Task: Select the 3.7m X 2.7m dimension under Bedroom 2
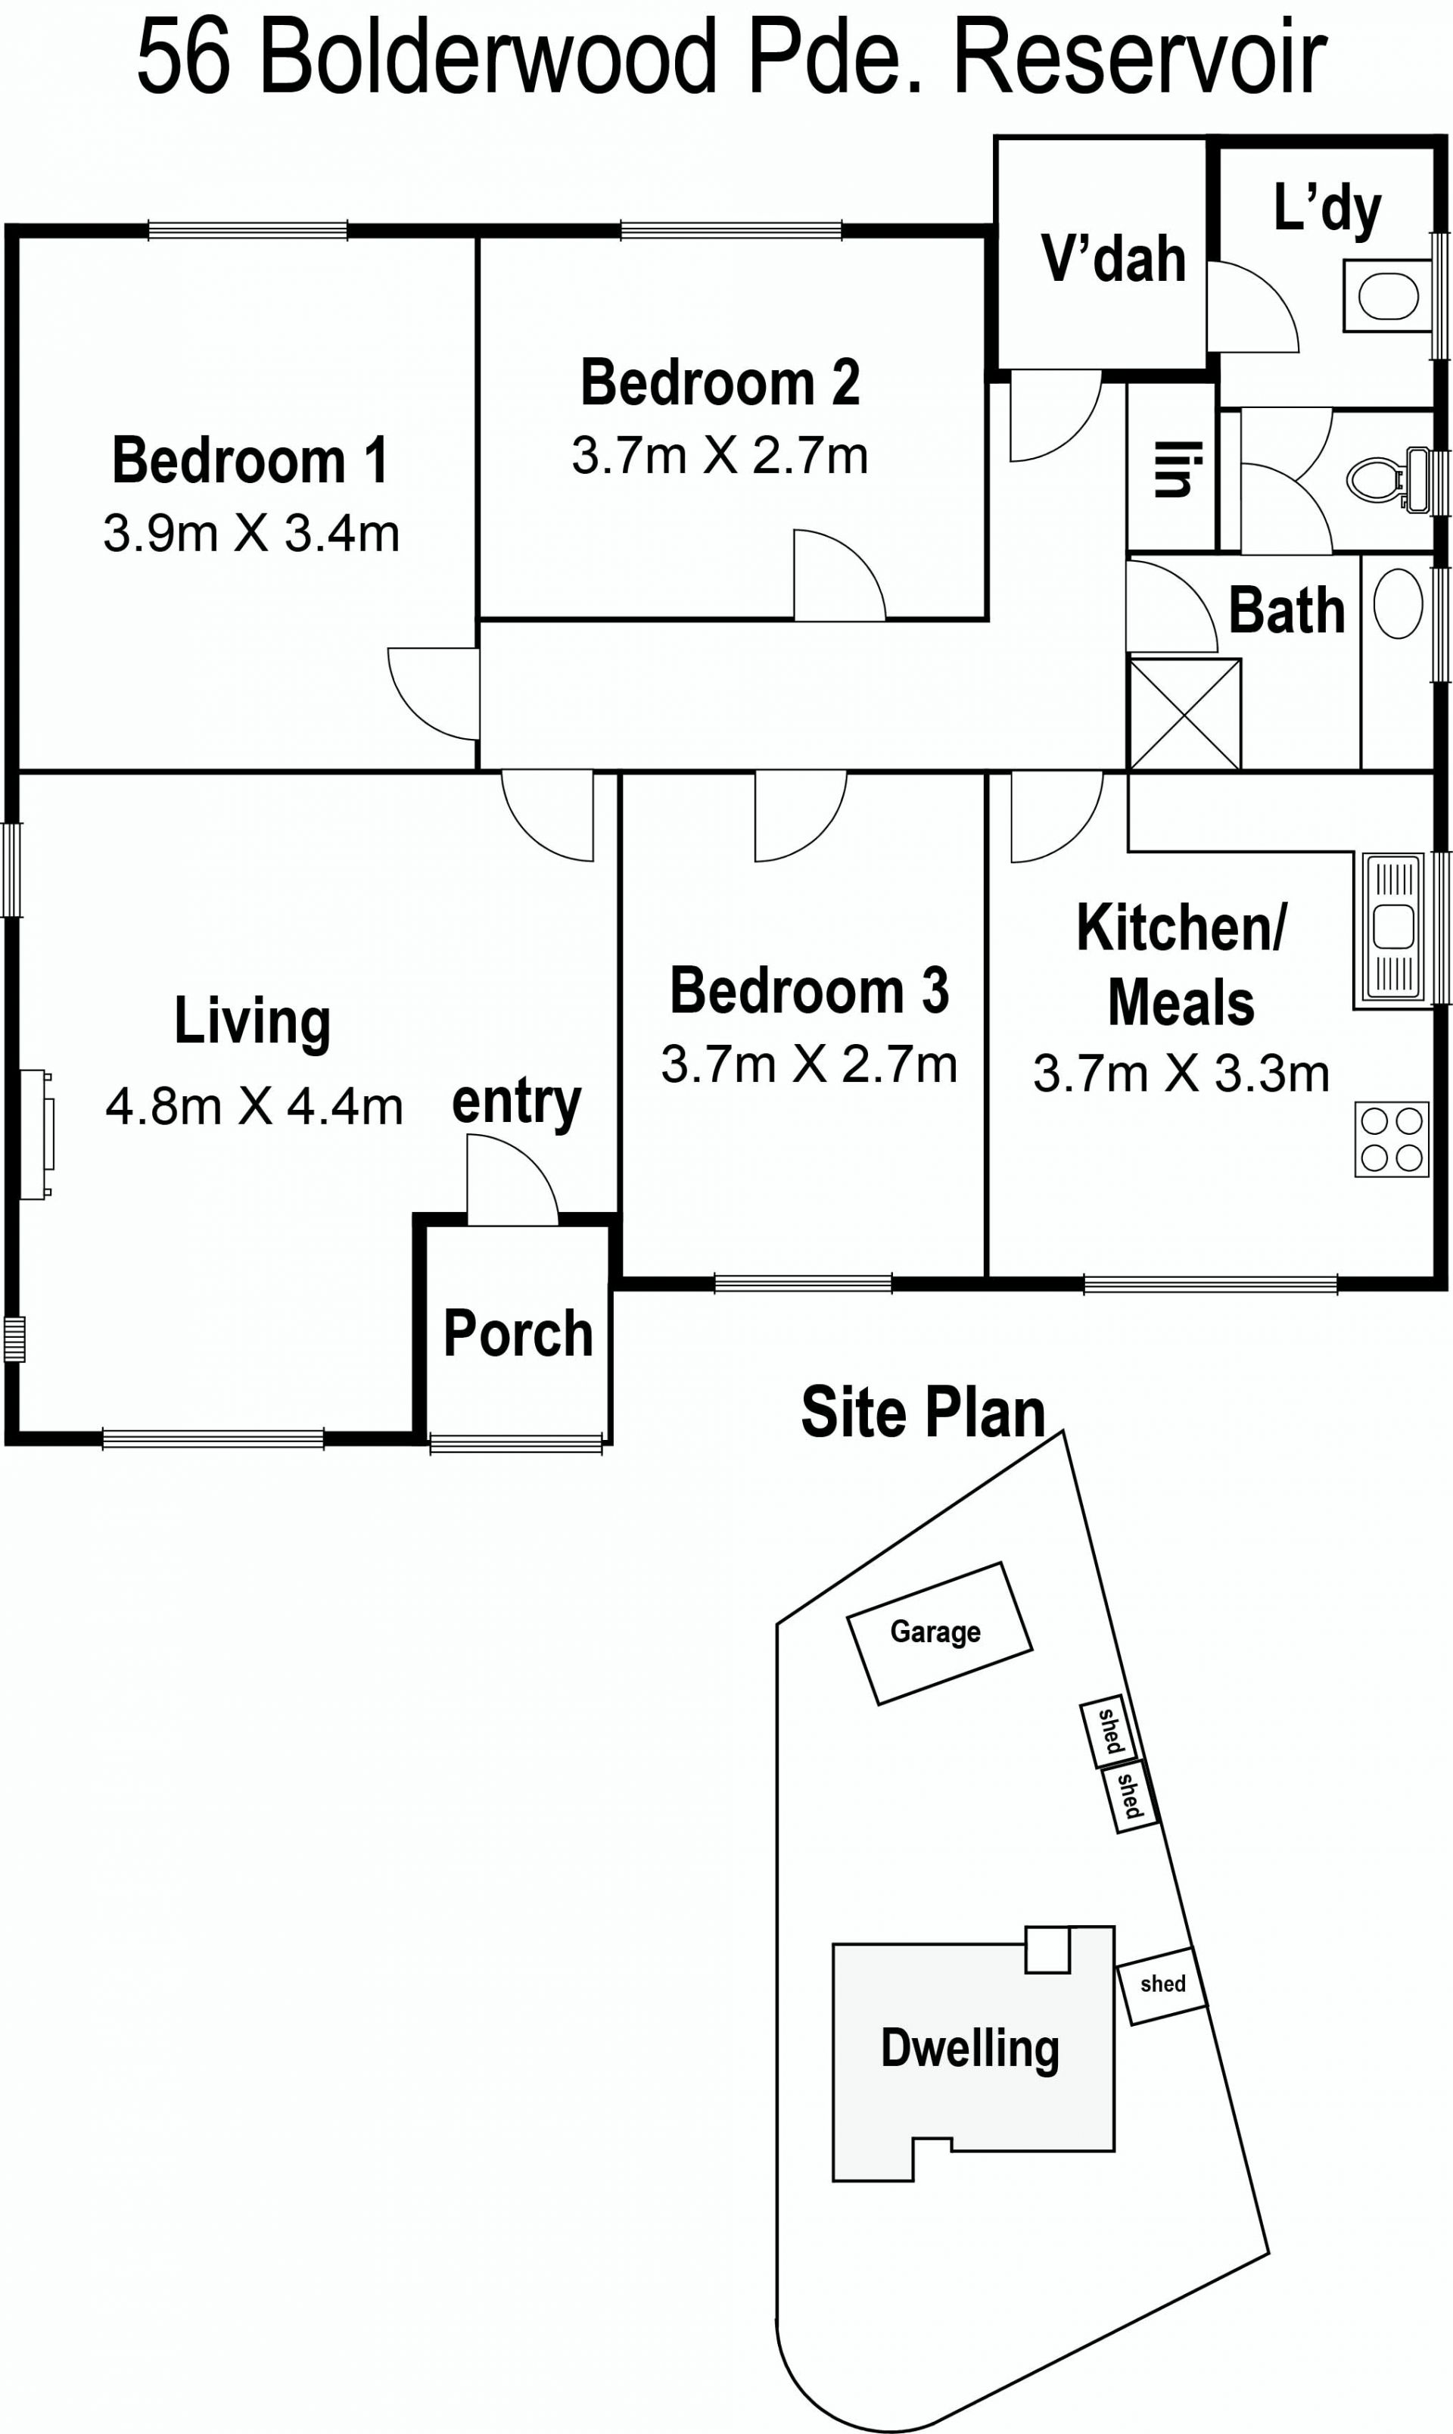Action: [x=720, y=456]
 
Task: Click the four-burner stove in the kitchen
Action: [x=1391, y=1139]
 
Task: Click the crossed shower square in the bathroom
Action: [x=1184, y=715]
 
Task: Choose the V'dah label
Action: [x=1113, y=259]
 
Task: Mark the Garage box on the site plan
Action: [x=939, y=1634]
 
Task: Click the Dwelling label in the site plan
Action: [x=969, y=2048]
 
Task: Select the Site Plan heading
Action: [x=923, y=1413]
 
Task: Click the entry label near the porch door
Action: [x=516, y=1104]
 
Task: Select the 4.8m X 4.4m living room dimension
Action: [x=254, y=1107]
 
